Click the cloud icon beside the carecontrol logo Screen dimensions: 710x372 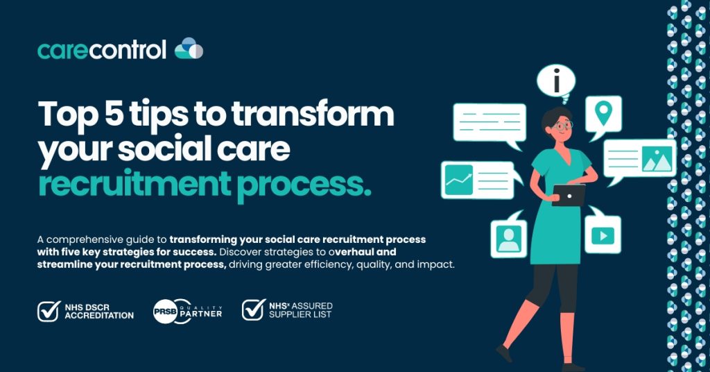tap(189, 49)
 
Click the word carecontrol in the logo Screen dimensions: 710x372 tap(102, 50)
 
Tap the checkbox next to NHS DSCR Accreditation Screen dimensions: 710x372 tap(49, 312)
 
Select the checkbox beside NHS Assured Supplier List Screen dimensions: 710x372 tap(253, 310)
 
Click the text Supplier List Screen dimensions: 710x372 tap(300, 314)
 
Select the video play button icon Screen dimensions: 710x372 tap(603, 235)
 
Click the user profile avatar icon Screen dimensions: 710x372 tap(508, 239)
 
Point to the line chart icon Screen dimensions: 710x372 tap(459, 180)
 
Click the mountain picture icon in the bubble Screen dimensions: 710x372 tap(657, 159)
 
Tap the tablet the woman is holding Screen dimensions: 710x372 tap(569, 195)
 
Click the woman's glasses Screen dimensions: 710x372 tap(563, 125)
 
